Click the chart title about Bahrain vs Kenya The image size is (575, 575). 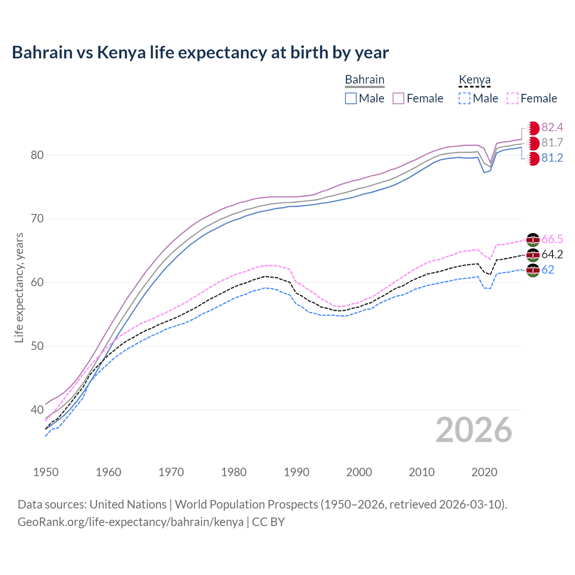pos(200,53)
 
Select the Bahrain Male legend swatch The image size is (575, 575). pos(351,98)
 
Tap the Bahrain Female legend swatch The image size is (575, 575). pos(399,98)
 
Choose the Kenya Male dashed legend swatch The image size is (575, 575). pos(464,98)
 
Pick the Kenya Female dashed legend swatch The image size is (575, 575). pos(513,98)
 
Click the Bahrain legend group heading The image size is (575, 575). pos(364,80)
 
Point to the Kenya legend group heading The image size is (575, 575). pos(474,80)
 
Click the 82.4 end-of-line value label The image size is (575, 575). pos(552,127)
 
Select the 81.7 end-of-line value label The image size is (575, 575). pos(552,143)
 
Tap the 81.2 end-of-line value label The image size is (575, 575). pos(552,158)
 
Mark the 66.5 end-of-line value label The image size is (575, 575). pos(552,239)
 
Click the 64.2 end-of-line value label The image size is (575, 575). pos(552,254)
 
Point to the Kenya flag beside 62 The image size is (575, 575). pos(533,270)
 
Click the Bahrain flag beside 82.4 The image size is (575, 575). pos(533,128)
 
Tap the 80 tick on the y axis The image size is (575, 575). pos(37,155)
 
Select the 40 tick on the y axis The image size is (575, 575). pos(37,410)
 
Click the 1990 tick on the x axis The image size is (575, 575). pos(296,472)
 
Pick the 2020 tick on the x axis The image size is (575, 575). pos(484,472)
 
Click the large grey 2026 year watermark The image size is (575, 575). pos(473,430)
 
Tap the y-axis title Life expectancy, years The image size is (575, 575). pos(19,287)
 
